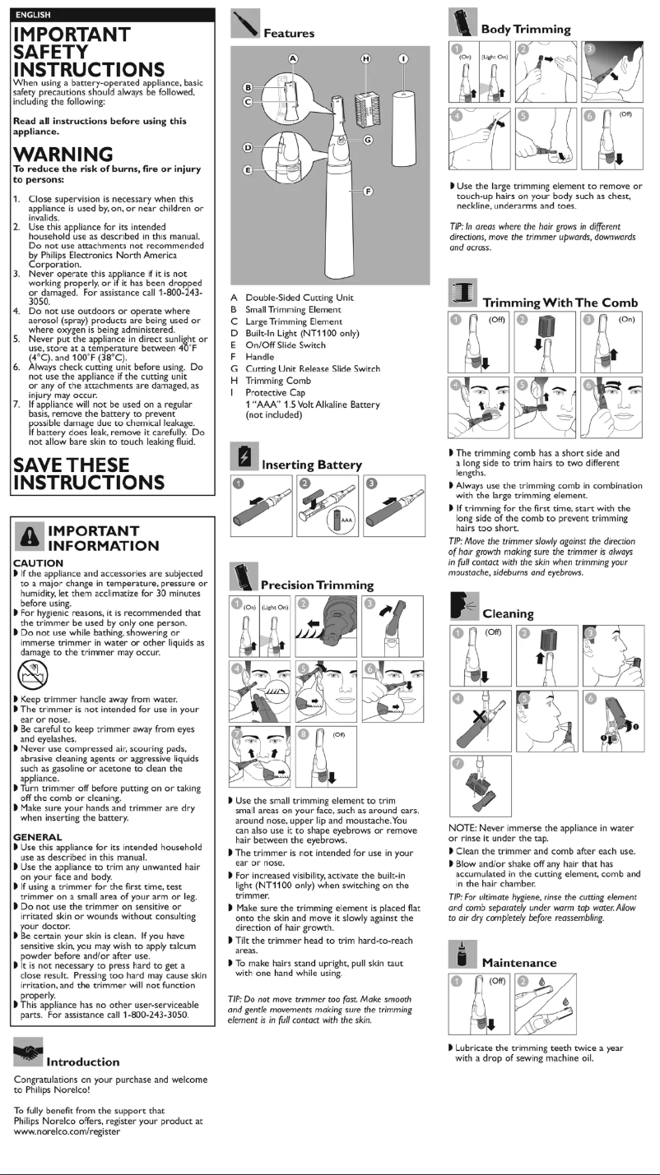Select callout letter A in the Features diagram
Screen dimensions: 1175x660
click(x=291, y=58)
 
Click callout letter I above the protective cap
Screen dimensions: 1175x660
click(x=402, y=58)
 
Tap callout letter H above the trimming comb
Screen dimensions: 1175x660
click(x=366, y=58)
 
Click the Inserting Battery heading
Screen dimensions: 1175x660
click(x=311, y=465)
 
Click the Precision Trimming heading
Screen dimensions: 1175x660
click(x=317, y=585)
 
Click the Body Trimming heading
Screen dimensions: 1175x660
click(x=525, y=29)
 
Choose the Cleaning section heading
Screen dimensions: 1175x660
click(x=508, y=613)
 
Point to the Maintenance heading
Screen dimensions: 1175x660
click(x=518, y=962)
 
